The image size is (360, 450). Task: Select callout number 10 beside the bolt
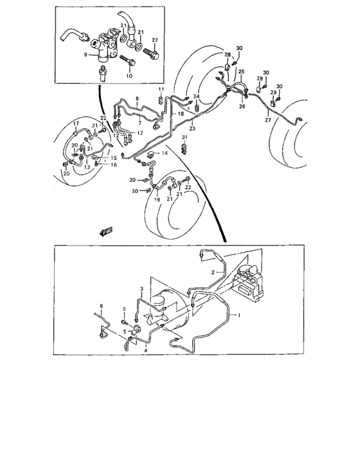[x=129, y=76]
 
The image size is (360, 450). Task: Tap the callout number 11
[x=161, y=88]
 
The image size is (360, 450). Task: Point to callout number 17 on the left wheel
[x=75, y=123]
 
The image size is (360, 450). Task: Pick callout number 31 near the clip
[x=183, y=138]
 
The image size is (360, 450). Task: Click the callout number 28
[x=227, y=56]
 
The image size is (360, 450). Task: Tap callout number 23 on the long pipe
[x=192, y=129]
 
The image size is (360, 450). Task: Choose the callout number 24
[x=197, y=96]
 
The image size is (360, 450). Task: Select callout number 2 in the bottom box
[x=212, y=273]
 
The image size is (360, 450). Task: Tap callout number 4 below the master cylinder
[x=146, y=352]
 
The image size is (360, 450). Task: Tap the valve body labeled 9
[x=103, y=46]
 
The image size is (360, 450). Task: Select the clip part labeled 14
[x=150, y=155]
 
